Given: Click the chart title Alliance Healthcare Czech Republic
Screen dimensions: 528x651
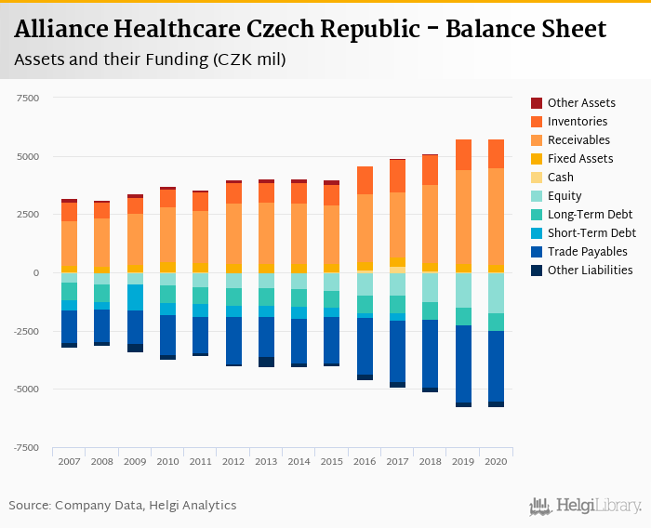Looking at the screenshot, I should [311, 29].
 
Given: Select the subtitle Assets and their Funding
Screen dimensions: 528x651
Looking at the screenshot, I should [150, 60].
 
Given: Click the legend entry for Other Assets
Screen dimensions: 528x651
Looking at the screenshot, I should [581, 103].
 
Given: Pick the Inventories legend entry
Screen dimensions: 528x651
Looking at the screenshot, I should [578, 122].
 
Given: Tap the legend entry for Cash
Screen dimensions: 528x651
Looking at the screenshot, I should [561, 178].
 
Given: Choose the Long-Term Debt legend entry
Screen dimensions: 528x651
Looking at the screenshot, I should [590, 215].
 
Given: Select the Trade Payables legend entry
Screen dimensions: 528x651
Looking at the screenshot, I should [587, 252].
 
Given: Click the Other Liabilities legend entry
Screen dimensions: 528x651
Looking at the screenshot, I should [590, 271].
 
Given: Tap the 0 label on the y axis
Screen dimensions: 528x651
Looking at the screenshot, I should [35, 272].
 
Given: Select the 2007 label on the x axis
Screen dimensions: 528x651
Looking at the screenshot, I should [70, 461].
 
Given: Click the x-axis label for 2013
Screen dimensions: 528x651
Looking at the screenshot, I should [266, 461].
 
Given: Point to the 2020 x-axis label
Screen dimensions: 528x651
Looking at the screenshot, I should [496, 461].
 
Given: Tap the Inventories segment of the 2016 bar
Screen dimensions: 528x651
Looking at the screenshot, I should [365, 180].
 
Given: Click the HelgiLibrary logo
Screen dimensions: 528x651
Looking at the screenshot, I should [586, 507].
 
